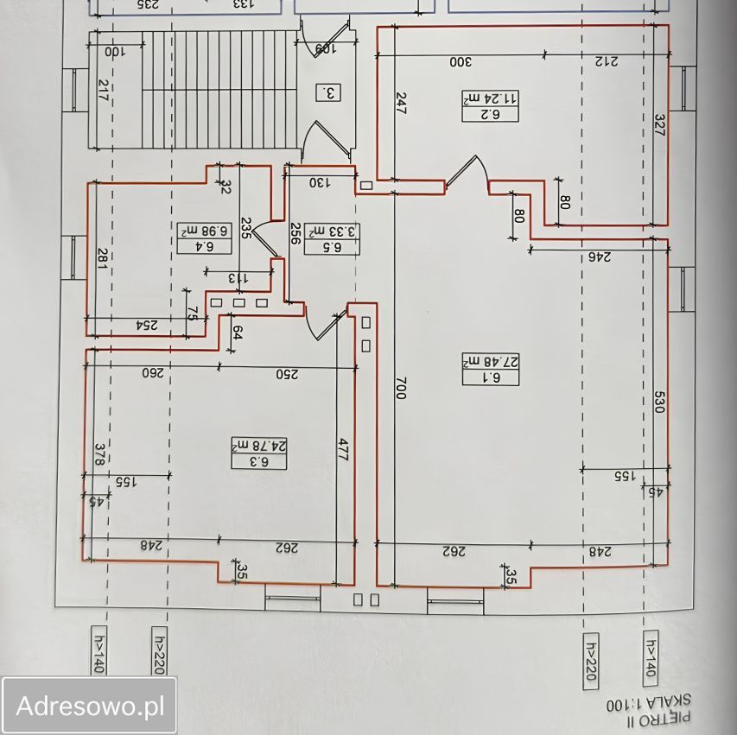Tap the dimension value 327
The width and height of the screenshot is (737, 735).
pyautogui.click(x=658, y=127)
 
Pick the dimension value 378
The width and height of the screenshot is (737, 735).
pyautogui.click(x=98, y=454)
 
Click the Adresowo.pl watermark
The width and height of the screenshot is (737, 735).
pyautogui.click(x=90, y=706)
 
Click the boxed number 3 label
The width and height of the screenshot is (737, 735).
pyautogui.click(x=328, y=91)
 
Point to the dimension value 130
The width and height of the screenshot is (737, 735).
pyautogui.click(x=321, y=182)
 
